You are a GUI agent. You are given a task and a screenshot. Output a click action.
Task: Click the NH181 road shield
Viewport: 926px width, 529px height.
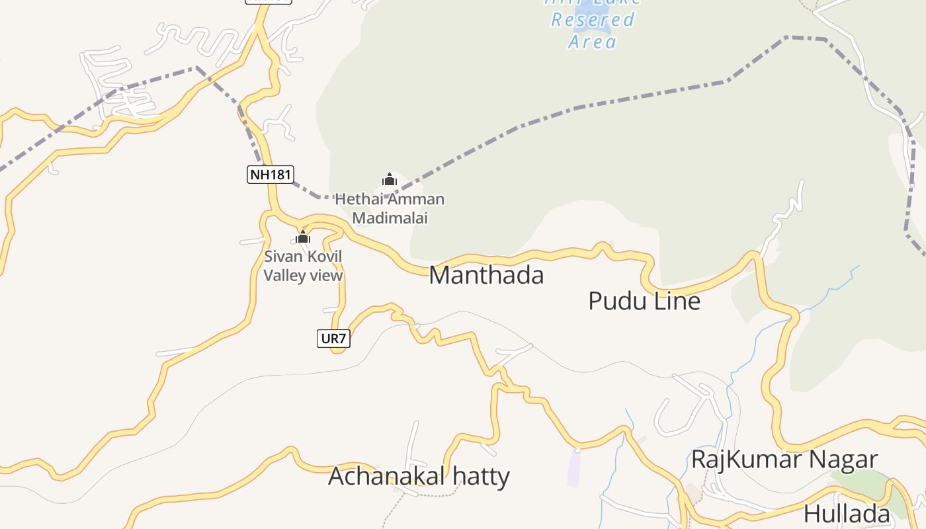[x=270, y=175]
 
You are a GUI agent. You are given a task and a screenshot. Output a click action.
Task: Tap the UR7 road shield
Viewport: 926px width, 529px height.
[x=333, y=339]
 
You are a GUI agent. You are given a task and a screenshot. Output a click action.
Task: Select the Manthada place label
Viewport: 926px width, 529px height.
[x=486, y=275]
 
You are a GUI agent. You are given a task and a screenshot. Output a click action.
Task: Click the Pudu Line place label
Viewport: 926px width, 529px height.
[x=644, y=301]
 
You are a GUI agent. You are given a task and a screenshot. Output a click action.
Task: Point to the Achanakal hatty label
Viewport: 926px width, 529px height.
[x=419, y=476]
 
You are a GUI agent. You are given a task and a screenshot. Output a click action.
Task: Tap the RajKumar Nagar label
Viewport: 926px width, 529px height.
[x=784, y=459]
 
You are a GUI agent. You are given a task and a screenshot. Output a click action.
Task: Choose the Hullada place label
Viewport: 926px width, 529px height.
[x=847, y=513]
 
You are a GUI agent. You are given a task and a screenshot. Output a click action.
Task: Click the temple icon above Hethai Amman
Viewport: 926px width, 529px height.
[x=390, y=179]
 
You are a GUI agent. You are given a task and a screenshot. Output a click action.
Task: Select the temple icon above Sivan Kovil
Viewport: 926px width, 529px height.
[x=303, y=237]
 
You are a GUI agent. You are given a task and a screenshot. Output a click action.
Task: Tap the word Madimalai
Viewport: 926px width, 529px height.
[x=390, y=218]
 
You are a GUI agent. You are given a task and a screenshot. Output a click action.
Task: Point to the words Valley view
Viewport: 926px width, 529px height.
[x=303, y=275]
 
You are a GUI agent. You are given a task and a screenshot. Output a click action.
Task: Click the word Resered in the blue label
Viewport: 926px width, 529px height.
[x=593, y=20]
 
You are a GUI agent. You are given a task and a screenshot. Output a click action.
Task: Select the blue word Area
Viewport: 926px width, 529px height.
[x=593, y=42]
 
